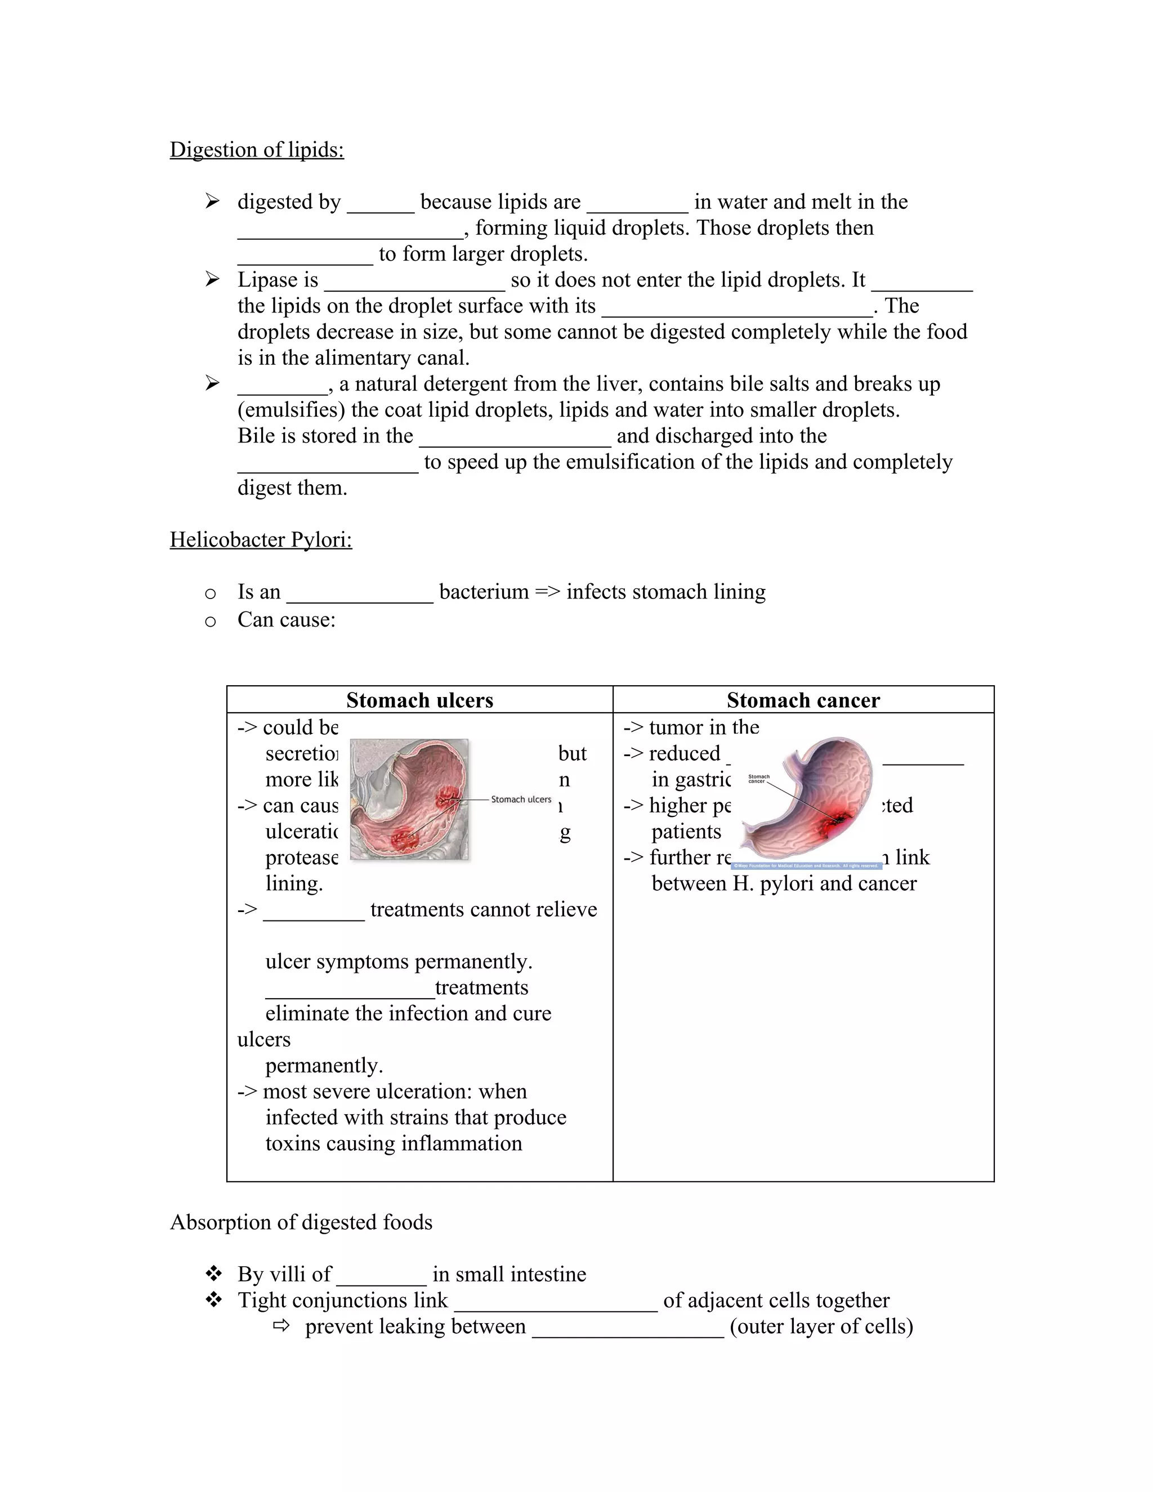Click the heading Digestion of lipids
point(256,150)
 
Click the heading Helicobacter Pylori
point(260,540)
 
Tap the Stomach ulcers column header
point(419,700)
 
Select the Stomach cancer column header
point(803,700)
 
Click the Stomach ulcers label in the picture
point(521,799)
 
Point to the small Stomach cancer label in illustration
point(758,779)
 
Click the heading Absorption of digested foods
point(301,1222)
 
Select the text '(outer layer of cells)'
point(821,1326)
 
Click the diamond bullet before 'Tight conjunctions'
point(213,1300)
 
